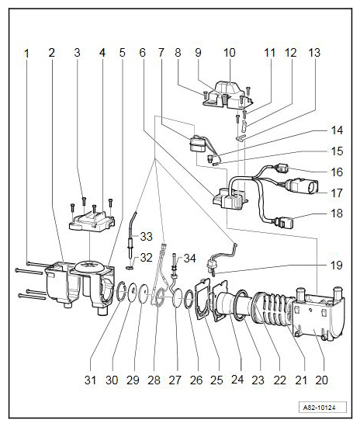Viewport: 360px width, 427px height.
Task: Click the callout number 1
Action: pos(26,54)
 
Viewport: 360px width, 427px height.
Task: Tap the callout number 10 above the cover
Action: pos(229,53)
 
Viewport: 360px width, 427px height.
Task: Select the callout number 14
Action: pos(337,130)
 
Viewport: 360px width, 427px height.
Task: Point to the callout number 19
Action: pos(337,266)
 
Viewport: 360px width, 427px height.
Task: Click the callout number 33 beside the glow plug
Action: pos(146,236)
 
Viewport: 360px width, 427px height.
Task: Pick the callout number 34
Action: pos(189,259)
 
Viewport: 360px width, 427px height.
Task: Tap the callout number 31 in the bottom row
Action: pos(90,380)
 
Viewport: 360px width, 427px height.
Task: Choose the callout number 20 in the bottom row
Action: pos(322,380)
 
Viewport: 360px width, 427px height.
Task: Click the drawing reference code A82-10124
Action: pos(323,408)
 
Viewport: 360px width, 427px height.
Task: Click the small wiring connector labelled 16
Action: pos(282,168)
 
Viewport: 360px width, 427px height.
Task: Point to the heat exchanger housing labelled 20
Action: pos(318,313)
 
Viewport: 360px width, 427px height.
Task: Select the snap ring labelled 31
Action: pos(122,291)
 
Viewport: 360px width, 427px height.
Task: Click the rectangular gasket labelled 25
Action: pos(202,299)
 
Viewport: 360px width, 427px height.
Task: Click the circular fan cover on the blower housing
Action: pos(90,266)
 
